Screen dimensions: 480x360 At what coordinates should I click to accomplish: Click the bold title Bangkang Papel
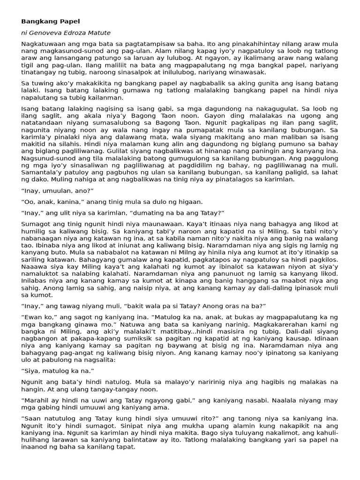(x=51, y=21)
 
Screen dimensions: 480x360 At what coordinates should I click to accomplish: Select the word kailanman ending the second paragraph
(x=108, y=97)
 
